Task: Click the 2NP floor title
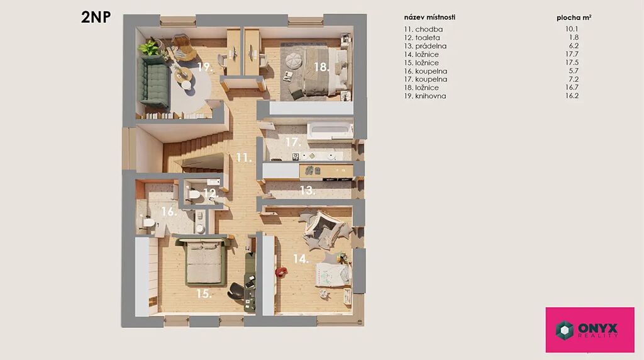click(96, 17)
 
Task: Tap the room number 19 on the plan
click(205, 67)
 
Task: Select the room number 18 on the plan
click(321, 67)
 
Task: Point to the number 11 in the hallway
click(243, 157)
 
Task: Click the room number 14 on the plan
click(301, 259)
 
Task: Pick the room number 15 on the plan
click(204, 293)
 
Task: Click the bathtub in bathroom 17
click(330, 131)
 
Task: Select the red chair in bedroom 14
click(281, 272)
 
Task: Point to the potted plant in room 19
click(150, 48)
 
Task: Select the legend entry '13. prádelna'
click(425, 46)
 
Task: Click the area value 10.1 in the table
click(572, 29)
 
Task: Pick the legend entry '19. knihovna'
click(425, 96)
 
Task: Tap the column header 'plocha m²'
click(574, 18)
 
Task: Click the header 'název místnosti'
click(430, 17)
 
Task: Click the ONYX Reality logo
click(590, 330)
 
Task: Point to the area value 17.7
click(572, 54)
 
